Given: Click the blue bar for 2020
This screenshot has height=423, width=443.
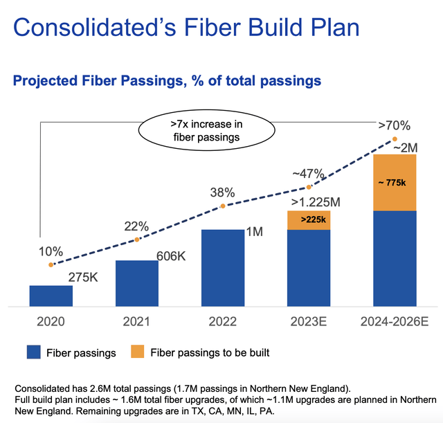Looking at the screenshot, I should (51, 296).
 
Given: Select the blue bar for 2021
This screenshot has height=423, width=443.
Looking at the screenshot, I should (137, 283).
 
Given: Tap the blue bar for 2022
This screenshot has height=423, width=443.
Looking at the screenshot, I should (223, 267).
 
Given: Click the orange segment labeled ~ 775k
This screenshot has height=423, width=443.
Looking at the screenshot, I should (395, 182).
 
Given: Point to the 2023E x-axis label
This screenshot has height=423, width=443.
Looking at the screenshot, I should (309, 322).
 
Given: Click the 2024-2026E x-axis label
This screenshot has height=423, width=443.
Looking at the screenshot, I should (395, 322).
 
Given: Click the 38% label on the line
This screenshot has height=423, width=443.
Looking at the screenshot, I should (223, 190).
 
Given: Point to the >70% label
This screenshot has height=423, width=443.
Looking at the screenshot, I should (394, 126).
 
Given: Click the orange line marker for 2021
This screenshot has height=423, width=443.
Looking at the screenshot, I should (137, 240).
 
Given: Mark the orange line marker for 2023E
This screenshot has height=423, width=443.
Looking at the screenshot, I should (309, 187).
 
